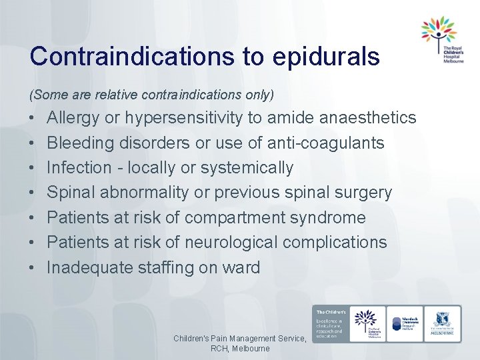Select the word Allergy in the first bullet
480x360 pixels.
[74, 119]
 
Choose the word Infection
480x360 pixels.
[79, 167]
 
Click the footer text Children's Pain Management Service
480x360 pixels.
[239, 339]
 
